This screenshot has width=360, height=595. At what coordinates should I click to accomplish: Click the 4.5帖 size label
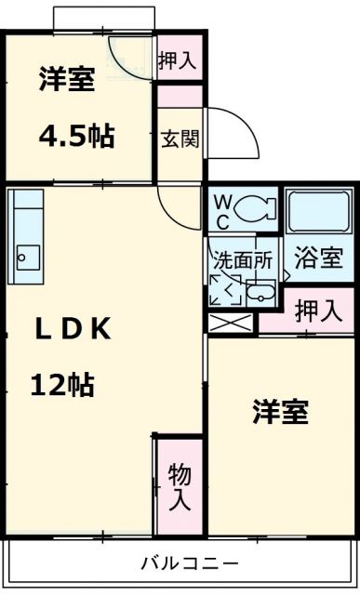(x=76, y=137)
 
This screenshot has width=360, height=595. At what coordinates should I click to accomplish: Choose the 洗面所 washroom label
(x=241, y=260)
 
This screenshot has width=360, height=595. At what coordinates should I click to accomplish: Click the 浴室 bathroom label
(x=319, y=259)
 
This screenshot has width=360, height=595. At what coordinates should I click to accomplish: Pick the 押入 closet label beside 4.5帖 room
(x=178, y=60)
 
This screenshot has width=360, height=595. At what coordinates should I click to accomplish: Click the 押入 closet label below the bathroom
(x=318, y=311)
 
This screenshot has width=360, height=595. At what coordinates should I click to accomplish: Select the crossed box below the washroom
(x=230, y=324)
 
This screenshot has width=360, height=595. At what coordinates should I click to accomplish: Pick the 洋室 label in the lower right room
(x=280, y=412)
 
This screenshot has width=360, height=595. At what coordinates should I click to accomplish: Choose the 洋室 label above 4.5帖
(x=66, y=79)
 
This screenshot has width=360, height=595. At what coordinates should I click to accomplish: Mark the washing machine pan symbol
(x=225, y=290)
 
